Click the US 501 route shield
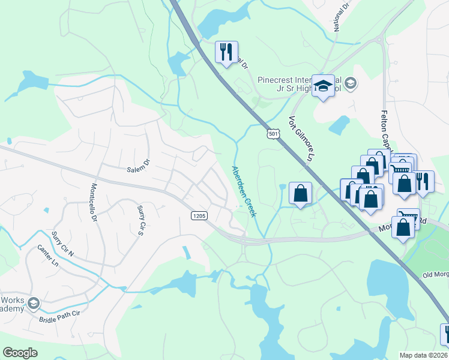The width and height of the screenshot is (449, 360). point(273,134)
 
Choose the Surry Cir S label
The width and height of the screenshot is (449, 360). point(142,220)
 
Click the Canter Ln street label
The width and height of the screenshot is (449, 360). point(48,256)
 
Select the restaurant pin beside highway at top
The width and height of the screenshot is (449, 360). point(226,52)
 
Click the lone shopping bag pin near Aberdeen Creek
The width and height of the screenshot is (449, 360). point(300,193)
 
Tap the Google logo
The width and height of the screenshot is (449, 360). point(20,353)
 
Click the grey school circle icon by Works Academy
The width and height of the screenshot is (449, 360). point(34,303)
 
